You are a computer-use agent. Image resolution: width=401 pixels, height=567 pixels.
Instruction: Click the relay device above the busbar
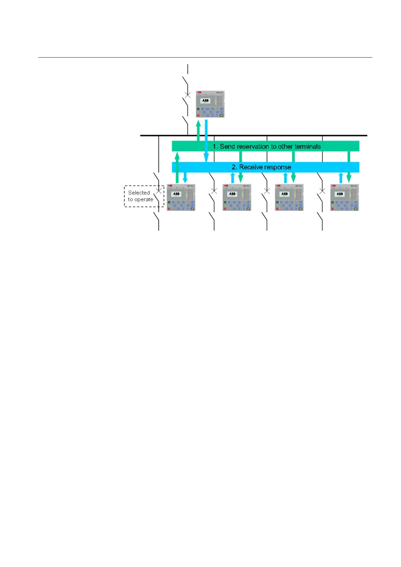[210, 104]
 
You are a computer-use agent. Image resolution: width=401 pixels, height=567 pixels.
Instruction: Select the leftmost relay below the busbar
[181, 197]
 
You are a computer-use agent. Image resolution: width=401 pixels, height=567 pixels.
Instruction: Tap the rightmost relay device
[344, 197]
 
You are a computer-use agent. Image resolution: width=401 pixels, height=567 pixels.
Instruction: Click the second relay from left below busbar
[237, 197]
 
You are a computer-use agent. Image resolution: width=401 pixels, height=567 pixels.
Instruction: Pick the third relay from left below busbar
[289, 197]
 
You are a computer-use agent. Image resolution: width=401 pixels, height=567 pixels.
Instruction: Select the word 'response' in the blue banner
[278, 167]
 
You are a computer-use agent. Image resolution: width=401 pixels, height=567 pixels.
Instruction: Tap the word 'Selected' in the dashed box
[139, 193]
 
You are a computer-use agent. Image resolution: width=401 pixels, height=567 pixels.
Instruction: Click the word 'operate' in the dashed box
[144, 199]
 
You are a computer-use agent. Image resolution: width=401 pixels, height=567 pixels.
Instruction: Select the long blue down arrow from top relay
[206, 141]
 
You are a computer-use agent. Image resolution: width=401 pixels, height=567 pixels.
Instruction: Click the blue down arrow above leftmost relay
[185, 177]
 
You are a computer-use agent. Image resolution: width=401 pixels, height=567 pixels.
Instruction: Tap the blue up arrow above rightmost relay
[341, 177]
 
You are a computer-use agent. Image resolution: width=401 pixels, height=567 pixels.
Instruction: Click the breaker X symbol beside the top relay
[188, 95]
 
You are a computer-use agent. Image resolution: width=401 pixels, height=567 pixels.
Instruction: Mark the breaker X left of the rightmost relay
[322, 191]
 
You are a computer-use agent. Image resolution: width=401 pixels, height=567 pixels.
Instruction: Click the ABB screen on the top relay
[205, 101]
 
